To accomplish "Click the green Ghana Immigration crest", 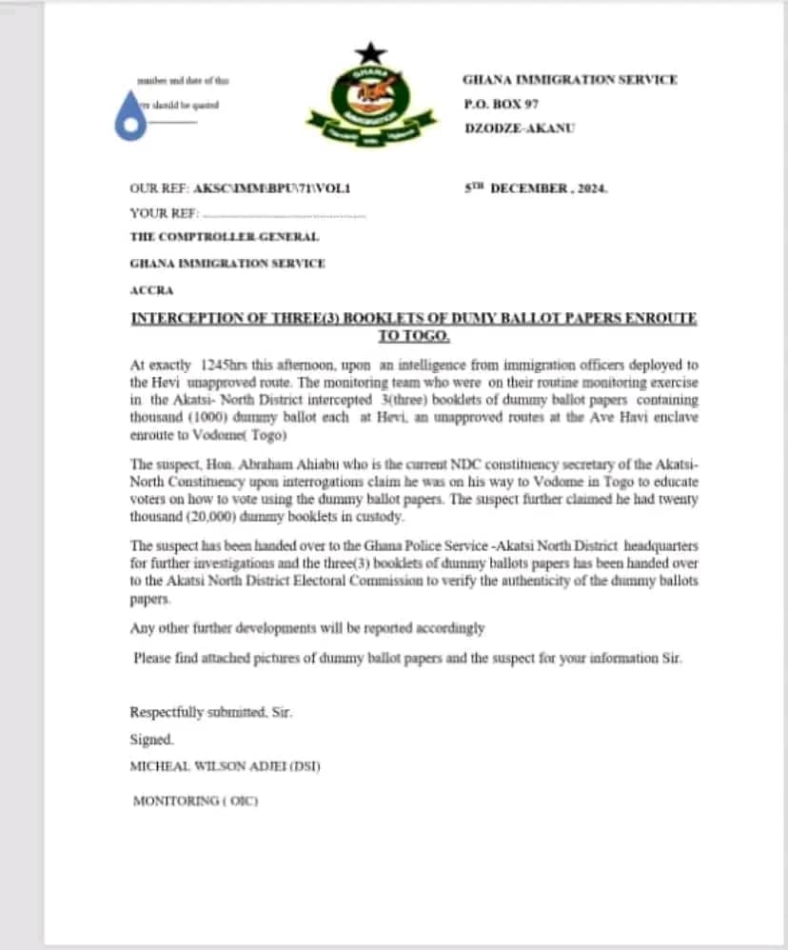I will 367,108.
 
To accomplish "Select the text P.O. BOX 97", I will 501,103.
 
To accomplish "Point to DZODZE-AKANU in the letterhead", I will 519,128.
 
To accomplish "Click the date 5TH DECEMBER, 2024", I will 535,188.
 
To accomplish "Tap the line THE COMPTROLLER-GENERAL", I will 224,237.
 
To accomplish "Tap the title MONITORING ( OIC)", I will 195,802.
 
